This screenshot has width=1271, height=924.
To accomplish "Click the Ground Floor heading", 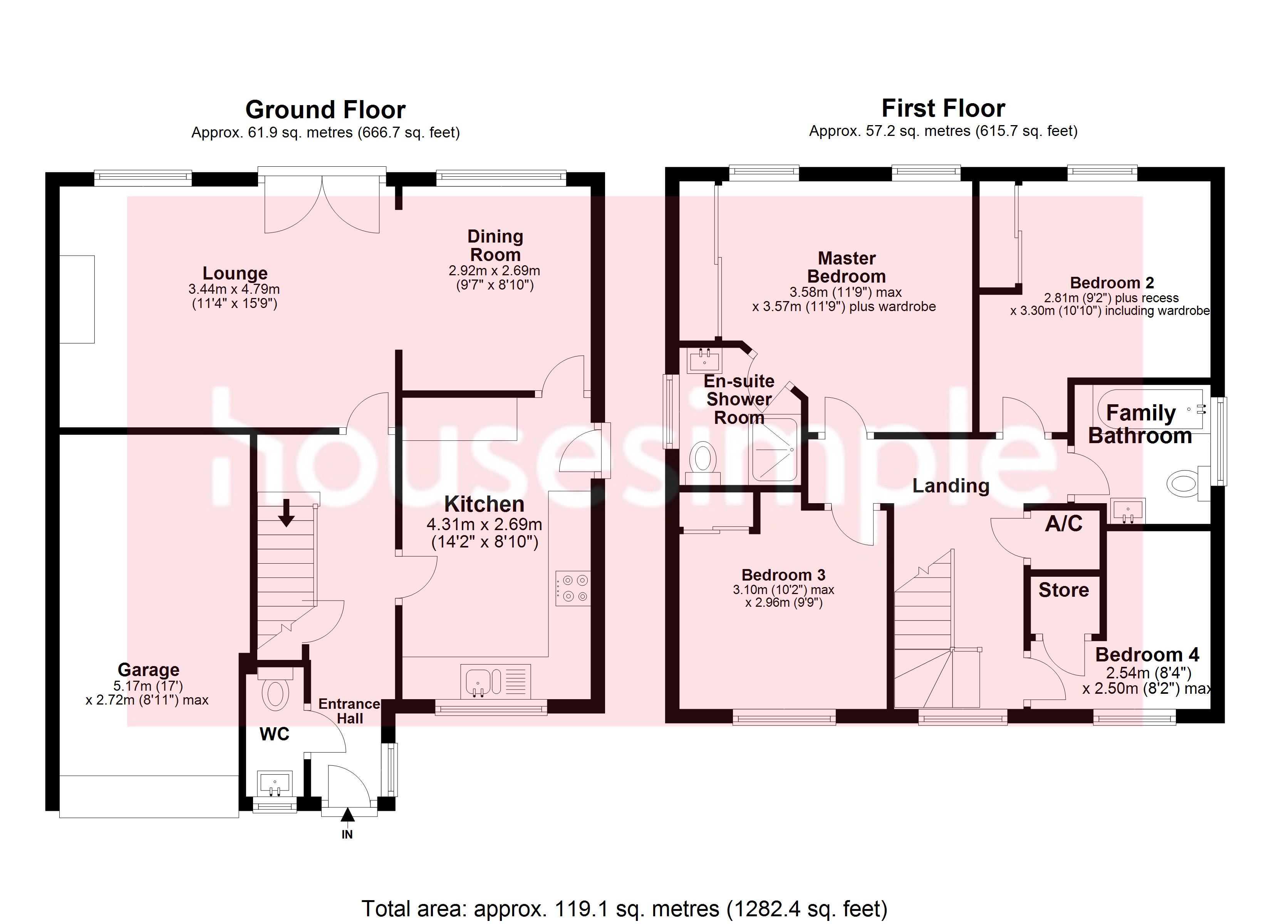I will [x=325, y=110].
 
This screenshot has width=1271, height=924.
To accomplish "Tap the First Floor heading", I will [x=943, y=109].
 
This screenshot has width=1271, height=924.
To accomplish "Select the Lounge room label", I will [x=235, y=273].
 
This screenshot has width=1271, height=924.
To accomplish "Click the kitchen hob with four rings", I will [x=572, y=588].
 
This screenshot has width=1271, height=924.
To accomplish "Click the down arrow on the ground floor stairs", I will [x=287, y=513].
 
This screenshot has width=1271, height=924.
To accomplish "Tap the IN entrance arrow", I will [x=347, y=815].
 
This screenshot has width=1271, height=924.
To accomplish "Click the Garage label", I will [x=149, y=670].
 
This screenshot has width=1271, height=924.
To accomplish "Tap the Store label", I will [x=1063, y=590].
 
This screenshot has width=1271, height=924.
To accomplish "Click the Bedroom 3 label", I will [x=783, y=575].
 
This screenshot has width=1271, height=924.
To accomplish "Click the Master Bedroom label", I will [x=846, y=267].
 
